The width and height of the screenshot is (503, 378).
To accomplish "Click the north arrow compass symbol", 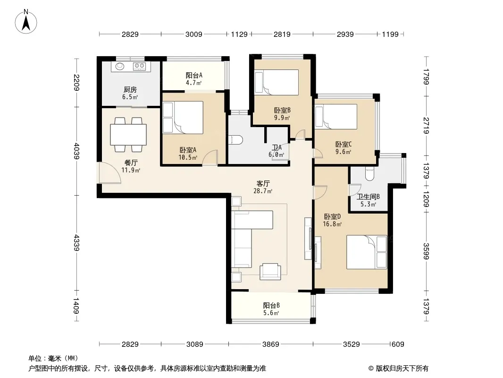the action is (26, 21).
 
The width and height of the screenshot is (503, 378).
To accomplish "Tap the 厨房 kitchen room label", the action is (130, 90).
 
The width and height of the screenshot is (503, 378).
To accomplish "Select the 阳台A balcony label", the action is (194, 76).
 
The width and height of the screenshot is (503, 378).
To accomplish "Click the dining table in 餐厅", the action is (128, 135).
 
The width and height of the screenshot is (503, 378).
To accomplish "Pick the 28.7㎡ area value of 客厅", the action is (263, 191).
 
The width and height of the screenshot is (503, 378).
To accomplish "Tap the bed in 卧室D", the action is (366, 252).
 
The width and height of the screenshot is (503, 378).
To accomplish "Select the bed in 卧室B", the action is (276, 82).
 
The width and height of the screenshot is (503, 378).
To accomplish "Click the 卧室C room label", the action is (343, 144).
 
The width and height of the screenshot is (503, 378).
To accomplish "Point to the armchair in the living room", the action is (270, 271).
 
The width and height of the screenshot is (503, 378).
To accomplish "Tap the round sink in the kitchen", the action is (120, 66).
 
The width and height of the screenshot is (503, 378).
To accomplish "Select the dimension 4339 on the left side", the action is (76, 243).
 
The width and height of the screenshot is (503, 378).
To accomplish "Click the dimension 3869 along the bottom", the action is (270, 344).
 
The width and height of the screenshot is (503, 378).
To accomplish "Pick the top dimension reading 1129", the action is (239, 34).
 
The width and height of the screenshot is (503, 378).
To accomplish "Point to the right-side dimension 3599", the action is (426, 251).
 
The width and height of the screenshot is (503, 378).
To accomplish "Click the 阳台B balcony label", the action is (271, 305).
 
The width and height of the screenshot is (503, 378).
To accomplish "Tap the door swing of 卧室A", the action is (210, 157).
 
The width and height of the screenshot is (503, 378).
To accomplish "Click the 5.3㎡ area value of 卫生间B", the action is (368, 204).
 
